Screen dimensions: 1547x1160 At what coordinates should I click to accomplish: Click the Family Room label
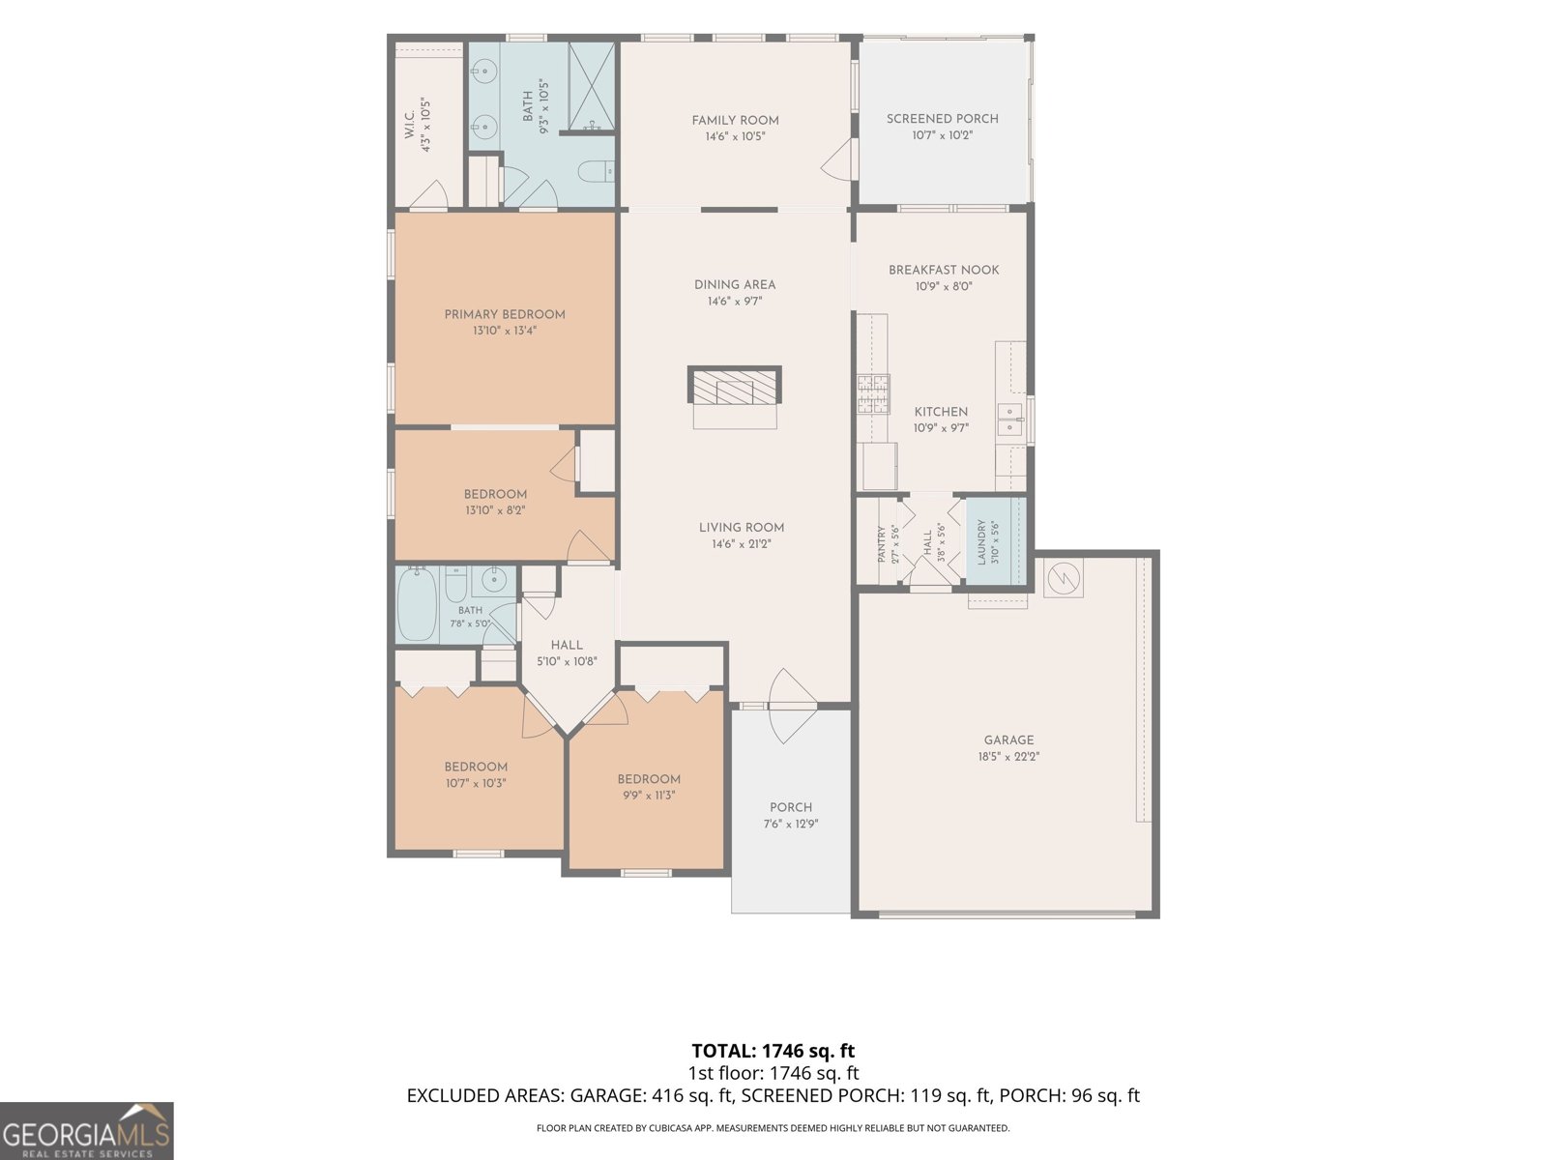(x=735, y=121)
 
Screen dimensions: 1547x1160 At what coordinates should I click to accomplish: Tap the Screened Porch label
(x=943, y=119)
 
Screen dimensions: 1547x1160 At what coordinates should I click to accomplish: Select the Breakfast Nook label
(x=944, y=270)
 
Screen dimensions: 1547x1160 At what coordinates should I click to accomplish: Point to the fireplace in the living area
(x=735, y=387)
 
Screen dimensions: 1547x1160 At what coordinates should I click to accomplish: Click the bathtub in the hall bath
(x=418, y=604)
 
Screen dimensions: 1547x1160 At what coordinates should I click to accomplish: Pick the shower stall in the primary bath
(x=592, y=87)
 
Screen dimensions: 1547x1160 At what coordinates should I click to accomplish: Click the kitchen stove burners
(x=873, y=393)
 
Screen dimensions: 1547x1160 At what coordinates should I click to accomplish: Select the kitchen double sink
(x=1010, y=420)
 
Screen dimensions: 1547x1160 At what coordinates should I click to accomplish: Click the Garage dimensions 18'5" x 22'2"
(x=1008, y=757)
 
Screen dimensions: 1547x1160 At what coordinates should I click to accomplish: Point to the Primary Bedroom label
(x=505, y=315)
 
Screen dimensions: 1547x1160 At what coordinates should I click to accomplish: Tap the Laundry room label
(x=981, y=542)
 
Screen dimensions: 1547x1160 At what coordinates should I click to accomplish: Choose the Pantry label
(x=882, y=544)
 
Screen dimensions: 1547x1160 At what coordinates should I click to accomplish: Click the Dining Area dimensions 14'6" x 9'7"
(x=735, y=302)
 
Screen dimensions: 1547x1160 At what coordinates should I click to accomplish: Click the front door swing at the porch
(x=792, y=706)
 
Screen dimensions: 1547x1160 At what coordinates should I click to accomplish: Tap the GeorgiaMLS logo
(x=86, y=1131)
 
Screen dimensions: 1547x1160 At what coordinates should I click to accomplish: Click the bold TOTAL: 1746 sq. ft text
(x=773, y=1052)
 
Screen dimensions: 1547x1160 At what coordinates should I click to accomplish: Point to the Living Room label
(x=742, y=528)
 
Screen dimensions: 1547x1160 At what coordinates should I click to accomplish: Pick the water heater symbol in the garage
(x=1063, y=579)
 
